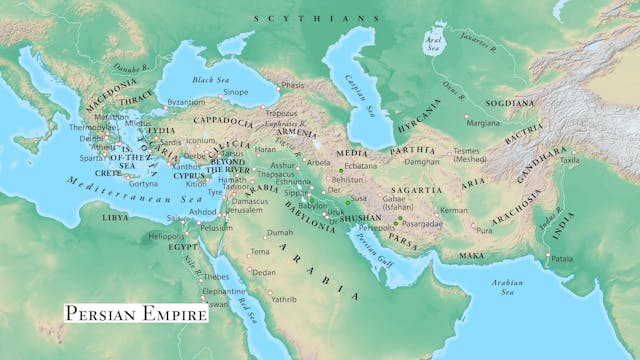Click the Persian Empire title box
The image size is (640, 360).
(135, 314)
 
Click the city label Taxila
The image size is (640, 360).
(598, 159)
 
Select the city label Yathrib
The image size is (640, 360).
(282, 298)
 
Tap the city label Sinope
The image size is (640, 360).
(236, 91)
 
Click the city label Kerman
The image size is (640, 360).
(453, 211)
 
